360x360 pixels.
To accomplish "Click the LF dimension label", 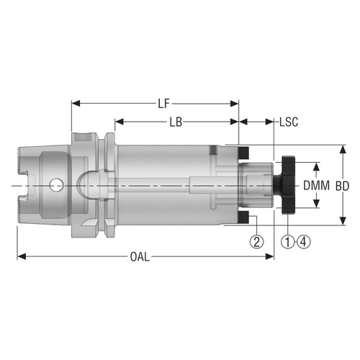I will [164, 104].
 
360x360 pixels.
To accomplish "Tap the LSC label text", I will [289, 122].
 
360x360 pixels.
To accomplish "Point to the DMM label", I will [316, 185].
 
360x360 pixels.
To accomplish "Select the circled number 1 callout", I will [288, 240].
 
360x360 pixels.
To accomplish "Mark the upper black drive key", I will [244, 153].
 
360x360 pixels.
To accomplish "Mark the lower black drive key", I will [244, 217].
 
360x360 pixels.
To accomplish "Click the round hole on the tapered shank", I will [55, 186].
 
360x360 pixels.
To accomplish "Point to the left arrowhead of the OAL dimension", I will [20, 256].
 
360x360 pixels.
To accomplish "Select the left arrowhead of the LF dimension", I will [74, 104].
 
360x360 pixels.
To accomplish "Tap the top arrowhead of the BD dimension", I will [341, 148].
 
